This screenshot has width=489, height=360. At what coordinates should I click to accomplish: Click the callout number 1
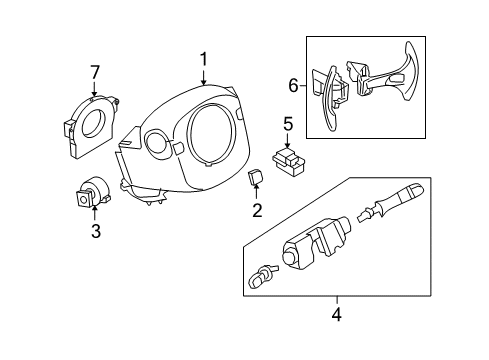pyautogui.click(x=203, y=60)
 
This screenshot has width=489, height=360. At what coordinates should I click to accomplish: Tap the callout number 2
pyautogui.click(x=257, y=210)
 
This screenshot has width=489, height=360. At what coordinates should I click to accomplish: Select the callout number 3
pyautogui.click(x=96, y=231)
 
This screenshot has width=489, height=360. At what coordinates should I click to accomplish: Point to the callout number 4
pyautogui.click(x=337, y=314)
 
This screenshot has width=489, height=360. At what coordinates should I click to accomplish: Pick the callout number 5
pyautogui.click(x=288, y=124)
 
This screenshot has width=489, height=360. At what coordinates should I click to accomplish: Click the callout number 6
pyautogui.click(x=293, y=86)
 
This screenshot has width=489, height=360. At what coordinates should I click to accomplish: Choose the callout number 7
pyautogui.click(x=95, y=73)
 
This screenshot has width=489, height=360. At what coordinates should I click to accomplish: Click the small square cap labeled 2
pyautogui.click(x=255, y=176)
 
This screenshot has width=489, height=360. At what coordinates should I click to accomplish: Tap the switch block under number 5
pyautogui.click(x=289, y=161)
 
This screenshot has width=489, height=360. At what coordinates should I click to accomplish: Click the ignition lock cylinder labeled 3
pyautogui.click(x=92, y=193)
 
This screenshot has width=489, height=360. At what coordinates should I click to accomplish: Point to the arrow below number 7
pyautogui.click(x=94, y=89)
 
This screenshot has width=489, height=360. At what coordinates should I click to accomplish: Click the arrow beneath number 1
pyautogui.click(x=203, y=77)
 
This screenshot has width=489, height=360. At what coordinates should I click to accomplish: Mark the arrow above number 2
pyautogui.click(x=256, y=193)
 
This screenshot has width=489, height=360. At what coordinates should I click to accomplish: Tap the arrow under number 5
pyautogui.click(x=288, y=140)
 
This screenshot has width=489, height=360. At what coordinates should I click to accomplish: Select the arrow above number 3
pyautogui.click(x=95, y=214)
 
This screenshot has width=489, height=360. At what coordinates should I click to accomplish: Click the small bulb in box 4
pyautogui.click(x=262, y=275)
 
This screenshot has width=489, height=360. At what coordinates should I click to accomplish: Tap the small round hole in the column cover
pyautogui.click(x=157, y=143)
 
